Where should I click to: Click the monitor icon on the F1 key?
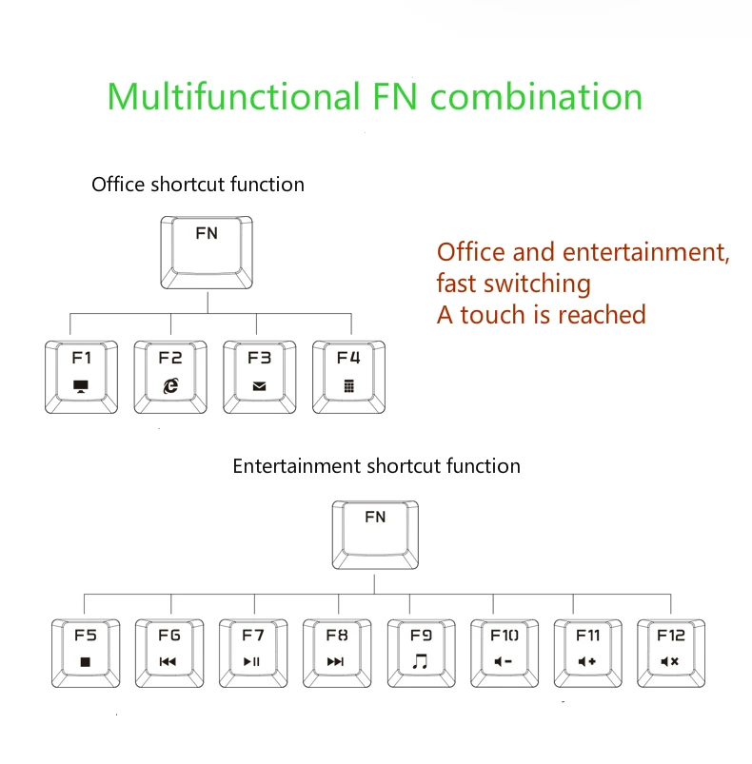(x=80, y=386)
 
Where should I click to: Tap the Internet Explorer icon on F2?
(x=170, y=386)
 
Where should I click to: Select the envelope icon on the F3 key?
(x=259, y=386)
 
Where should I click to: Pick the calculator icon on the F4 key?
(x=349, y=386)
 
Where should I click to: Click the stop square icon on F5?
(x=86, y=661)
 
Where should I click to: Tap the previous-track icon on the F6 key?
(x=168, y=661)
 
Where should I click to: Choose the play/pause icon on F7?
(x=252, y=661)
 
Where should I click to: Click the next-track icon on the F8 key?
(x=336, y=661)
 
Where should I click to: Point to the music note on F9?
(x=420, y=661)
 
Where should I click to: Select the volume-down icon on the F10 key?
(x=504, y=661)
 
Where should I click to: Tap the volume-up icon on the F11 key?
(x=586, y=661)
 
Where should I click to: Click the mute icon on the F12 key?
(x=670, y=661)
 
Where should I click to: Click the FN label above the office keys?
(x=207, y=233)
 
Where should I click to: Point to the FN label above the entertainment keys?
(x=375, y=517)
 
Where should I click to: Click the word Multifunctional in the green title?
(x=234, y=96)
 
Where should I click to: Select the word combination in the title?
(x=537, y=96)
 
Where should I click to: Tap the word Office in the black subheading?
(x=118, y=185)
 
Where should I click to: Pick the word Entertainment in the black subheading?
(x=298, y=466)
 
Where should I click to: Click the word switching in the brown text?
(x=537, y=285)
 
